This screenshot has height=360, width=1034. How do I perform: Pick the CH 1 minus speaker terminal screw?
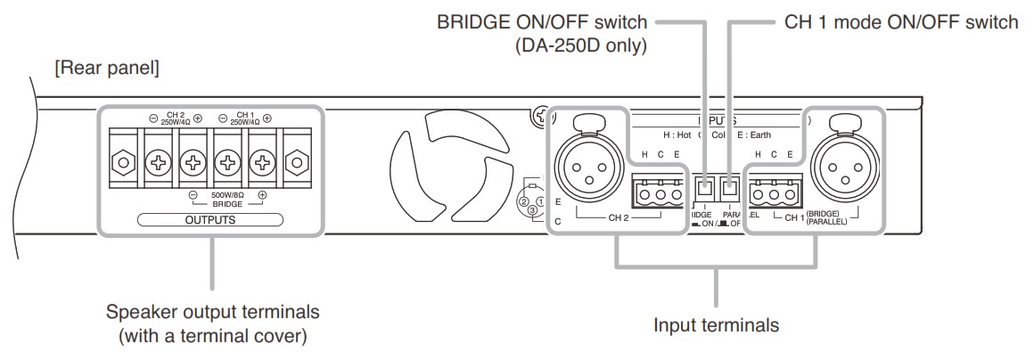(229, 163)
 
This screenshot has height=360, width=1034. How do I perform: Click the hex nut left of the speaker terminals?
(121, 163)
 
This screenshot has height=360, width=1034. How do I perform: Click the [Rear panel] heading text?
(107, 68)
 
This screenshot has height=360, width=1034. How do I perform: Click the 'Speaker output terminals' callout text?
(212, 314)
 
